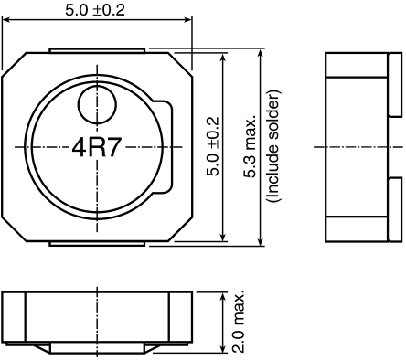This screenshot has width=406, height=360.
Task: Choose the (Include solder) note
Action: click(x=272, y=146)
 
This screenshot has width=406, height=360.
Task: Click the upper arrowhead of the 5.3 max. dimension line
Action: click(x=262, y=53)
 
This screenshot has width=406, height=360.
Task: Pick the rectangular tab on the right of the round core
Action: click(x=164, y=146)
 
